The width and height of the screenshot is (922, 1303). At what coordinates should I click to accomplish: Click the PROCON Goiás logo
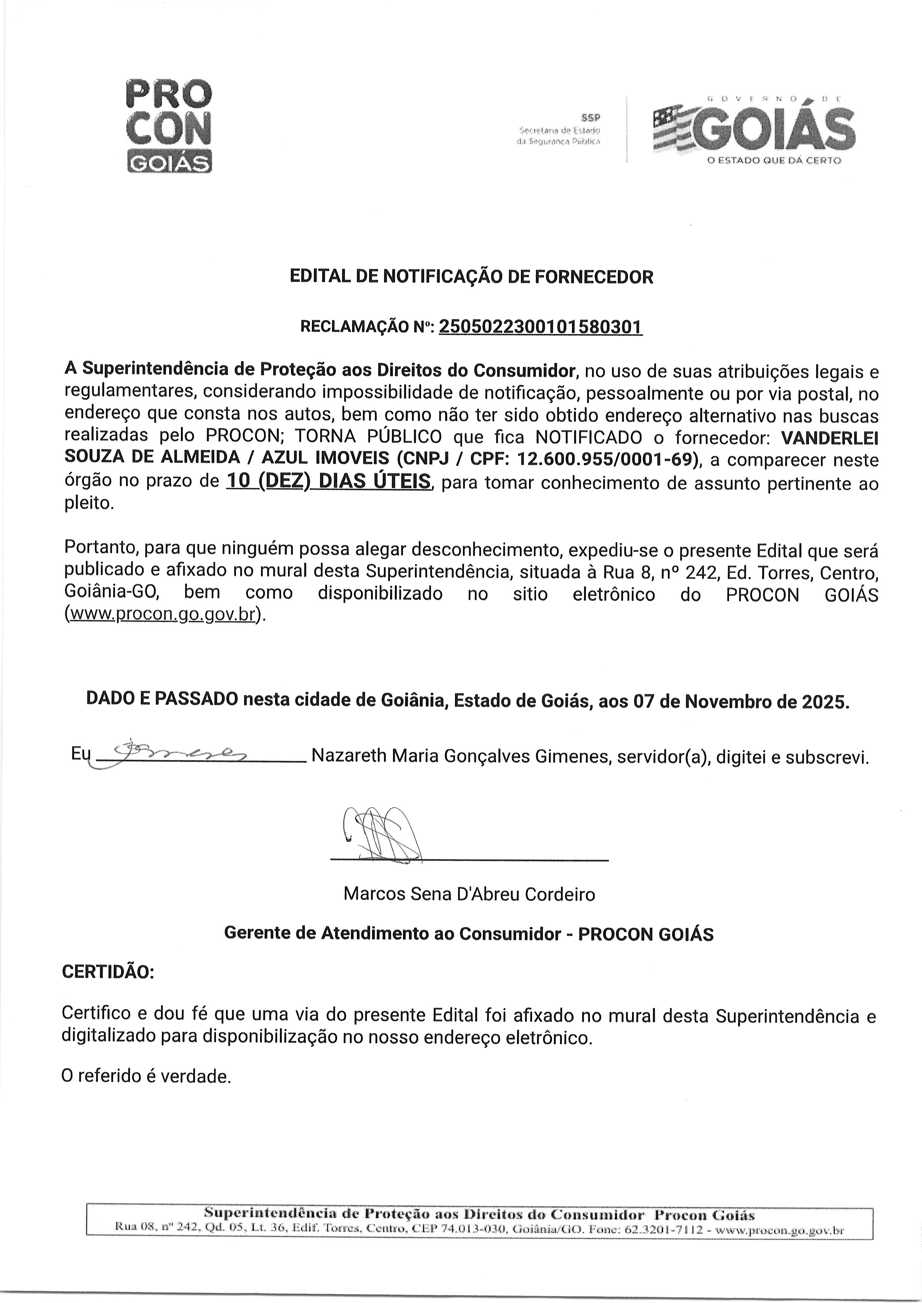(x=169, y=126)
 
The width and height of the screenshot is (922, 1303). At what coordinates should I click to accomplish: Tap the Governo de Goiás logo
(x=754, y=129)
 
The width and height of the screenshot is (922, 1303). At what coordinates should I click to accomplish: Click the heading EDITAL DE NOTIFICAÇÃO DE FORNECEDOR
(x=471, y=277)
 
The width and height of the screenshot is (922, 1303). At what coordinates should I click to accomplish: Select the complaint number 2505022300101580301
(x=541, y=326)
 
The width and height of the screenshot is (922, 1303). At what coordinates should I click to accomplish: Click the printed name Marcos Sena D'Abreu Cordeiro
(x=469, y=894)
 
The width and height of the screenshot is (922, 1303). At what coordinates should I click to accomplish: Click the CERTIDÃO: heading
(x=108, y=972)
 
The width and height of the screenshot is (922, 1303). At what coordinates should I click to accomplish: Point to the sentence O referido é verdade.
(x=146, y=1076)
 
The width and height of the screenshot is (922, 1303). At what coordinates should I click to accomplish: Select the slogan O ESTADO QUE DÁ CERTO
(x=773, y=161)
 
